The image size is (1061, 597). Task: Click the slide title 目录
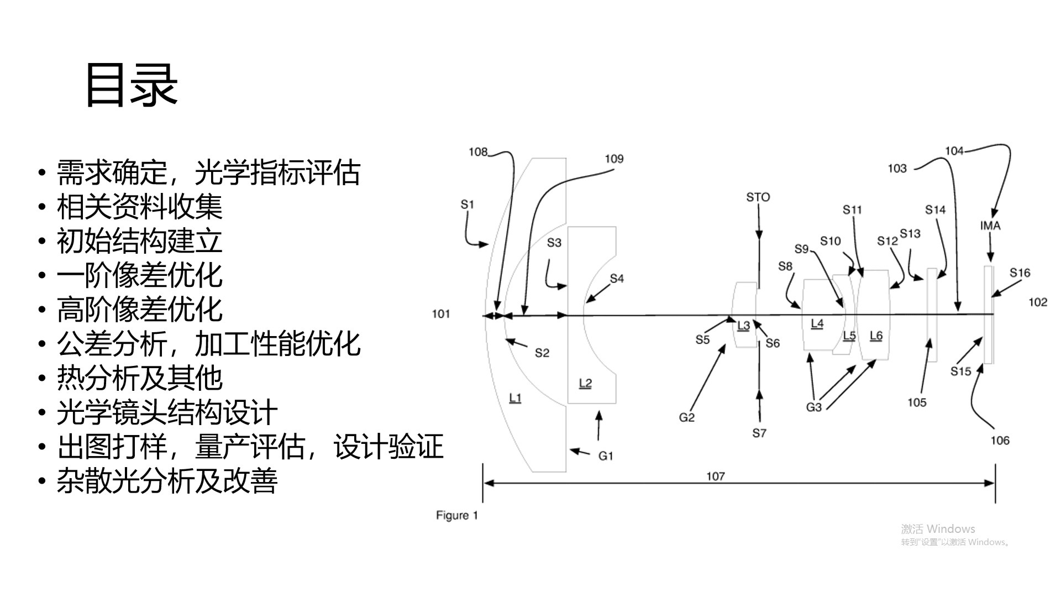[x=132, y=85]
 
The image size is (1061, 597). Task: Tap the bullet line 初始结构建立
[x=139, y=242]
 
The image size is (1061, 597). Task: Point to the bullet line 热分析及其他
[x=139, y=379]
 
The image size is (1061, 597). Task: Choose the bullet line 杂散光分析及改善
[x=167, y=481]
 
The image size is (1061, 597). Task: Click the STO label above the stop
[x=758, y=197]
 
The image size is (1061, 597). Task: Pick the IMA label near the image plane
[x=990, y=226]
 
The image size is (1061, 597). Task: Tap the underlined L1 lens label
[x=515, y=398]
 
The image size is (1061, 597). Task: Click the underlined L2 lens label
[x=585, y=383]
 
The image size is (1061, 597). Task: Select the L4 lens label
[x=817, y=324]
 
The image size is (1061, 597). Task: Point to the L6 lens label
[x=876, y=336]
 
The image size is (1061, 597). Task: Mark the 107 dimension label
[x=715, y=476]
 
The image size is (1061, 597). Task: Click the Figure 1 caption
[x=456, y=515]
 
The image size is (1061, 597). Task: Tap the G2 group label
[x=686, y=418]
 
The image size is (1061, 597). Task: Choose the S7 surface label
[x=759, y=433]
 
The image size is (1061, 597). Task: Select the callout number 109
[x=614, y=159]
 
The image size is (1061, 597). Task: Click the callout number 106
[x=1000, y=441]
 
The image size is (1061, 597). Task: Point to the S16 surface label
[x=1020, y=273]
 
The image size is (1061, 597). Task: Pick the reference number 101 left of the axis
[x=440, y=314]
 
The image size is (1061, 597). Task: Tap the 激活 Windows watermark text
[x=938, y=529]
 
